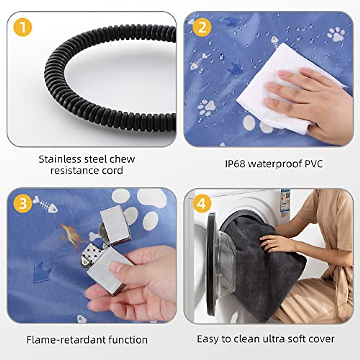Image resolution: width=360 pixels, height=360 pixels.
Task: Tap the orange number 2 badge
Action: [x=202, y=28]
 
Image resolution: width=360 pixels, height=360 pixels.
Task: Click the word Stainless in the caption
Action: [x=60, y=159]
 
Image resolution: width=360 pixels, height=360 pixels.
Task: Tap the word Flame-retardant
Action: [x=66, y=340]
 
